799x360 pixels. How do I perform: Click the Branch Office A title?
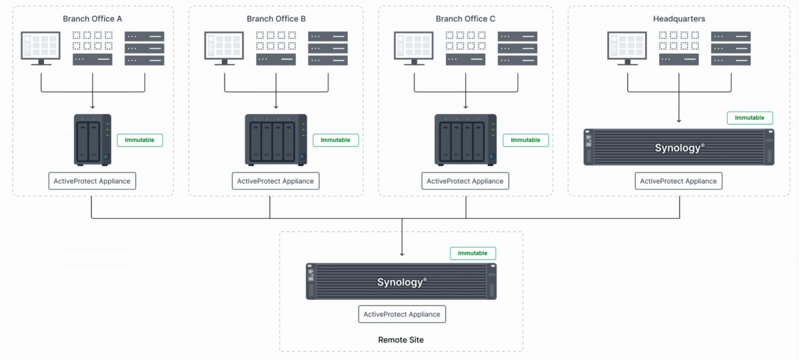tap(93, 19)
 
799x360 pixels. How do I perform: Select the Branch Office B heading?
tap(276, 19)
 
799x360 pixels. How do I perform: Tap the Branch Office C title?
tap(465, 19)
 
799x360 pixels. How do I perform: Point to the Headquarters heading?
tap(679, 19)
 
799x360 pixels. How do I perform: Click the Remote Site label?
tap(401, 340)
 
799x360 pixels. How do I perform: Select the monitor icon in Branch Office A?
tap(41, 47)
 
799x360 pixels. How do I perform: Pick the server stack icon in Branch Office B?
tap(328, 48)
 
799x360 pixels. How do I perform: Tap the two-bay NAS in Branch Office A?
tap(93, 140)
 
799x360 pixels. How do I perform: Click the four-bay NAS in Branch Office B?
tap(276, 140)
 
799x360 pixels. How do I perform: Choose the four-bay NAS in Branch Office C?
tap(465, 140)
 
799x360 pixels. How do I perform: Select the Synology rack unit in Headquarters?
tap(679, 147)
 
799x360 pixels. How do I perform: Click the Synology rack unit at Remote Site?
tap(401, 281)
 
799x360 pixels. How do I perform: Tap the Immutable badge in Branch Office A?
tap(140, 140)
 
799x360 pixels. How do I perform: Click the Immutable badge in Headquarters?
tap(750, 118)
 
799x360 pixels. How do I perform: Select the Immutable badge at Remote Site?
tap(473, 253)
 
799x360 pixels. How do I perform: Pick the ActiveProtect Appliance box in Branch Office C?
tap(465, 181)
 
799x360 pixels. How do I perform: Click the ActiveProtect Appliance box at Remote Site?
tap(401, 314)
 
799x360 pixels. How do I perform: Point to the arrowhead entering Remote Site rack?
tap(401, 254)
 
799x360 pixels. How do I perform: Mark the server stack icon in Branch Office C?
tap(517, 48)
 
